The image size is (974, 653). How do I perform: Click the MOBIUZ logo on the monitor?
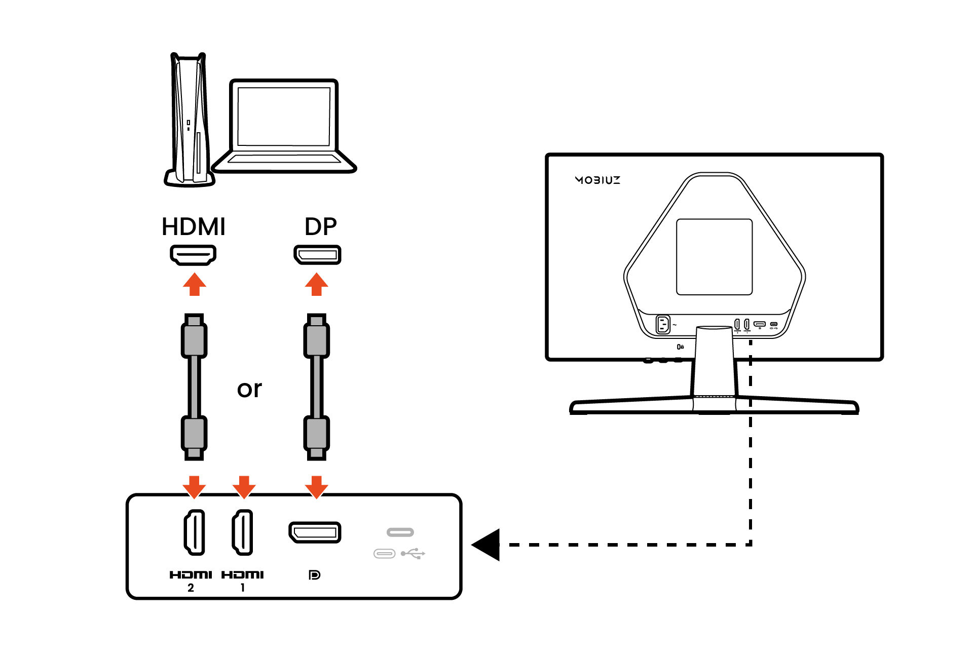(597, 180)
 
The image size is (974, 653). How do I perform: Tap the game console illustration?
(189, 122)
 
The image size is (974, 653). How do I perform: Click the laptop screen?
(284, 117)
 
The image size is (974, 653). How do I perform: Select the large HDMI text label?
(193, 226)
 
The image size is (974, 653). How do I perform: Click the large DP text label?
(320, 226)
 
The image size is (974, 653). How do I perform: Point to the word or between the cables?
(249, 389)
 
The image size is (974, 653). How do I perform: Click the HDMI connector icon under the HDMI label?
(193, 255)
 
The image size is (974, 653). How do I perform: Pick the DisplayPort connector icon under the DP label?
(317, 255)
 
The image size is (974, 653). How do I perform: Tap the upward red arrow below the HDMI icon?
(194, 284)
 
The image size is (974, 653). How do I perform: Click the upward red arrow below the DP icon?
(317, 284)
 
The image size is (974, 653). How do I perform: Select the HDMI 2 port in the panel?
(194, 532)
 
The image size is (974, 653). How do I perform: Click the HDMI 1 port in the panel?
(243, 532)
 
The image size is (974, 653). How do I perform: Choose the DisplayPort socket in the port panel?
(315, 532)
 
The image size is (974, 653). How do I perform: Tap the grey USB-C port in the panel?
(400, 532)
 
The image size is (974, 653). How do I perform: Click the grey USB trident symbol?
(413, 554)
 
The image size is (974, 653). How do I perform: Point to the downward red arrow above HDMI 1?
(244, 486)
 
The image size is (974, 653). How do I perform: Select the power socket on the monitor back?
(663, 324)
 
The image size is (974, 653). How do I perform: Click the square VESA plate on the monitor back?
(714, 257)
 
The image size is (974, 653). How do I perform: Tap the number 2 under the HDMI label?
(191, 588)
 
